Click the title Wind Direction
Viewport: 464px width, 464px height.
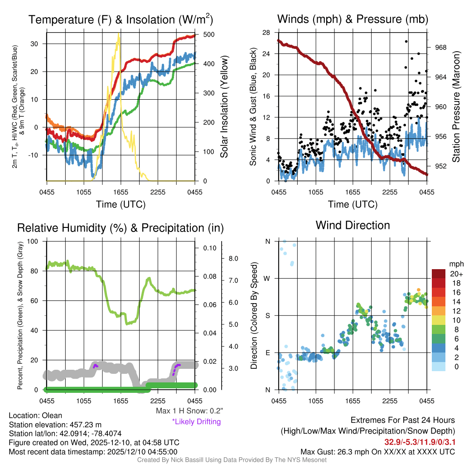tap(353, 225)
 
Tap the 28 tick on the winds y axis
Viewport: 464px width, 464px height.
tap(266, 32)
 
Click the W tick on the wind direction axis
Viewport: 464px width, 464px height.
tap(268, 278)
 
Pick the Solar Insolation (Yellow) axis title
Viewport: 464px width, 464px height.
tap(224, 107)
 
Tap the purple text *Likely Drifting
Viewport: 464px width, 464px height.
tap(196, 421)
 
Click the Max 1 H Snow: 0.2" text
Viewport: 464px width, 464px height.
tap(189, 411)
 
